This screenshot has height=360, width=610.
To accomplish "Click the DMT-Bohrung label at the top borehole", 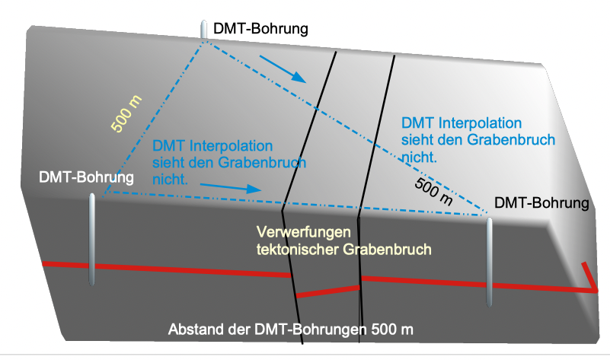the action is click(x=260, y=29).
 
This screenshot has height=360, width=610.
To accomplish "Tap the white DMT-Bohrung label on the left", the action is click(x=86, y=177).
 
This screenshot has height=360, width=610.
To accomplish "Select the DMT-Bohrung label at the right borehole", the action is click(x=541, y=203).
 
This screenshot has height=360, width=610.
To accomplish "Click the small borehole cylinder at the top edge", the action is click(x=203, y=30).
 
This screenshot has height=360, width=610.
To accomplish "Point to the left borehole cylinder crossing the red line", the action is click(x=92, y=240).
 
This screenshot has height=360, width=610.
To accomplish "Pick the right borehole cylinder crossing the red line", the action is click(x=490, y=263).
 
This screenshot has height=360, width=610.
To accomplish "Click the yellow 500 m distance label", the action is click(x=126, y=113).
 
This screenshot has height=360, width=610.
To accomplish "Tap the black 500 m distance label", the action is click(x=434, y=191).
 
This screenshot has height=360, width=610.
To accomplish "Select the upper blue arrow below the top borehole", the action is click(x=283, y=68).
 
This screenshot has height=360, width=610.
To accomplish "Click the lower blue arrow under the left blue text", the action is click(x=230, y=187).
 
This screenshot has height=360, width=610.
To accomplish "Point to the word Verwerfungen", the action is click(x=303, y=232).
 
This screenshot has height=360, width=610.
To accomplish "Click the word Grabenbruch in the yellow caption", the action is click(x=387, y=249).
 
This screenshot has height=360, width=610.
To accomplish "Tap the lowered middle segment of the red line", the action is click(x=327, y=292).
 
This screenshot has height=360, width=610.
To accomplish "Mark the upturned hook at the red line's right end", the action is click(x=590, y=277).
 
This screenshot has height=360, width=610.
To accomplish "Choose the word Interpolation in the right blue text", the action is click(x=480, y=123).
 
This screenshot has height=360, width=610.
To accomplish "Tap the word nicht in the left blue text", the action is click(x=170, y=180).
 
